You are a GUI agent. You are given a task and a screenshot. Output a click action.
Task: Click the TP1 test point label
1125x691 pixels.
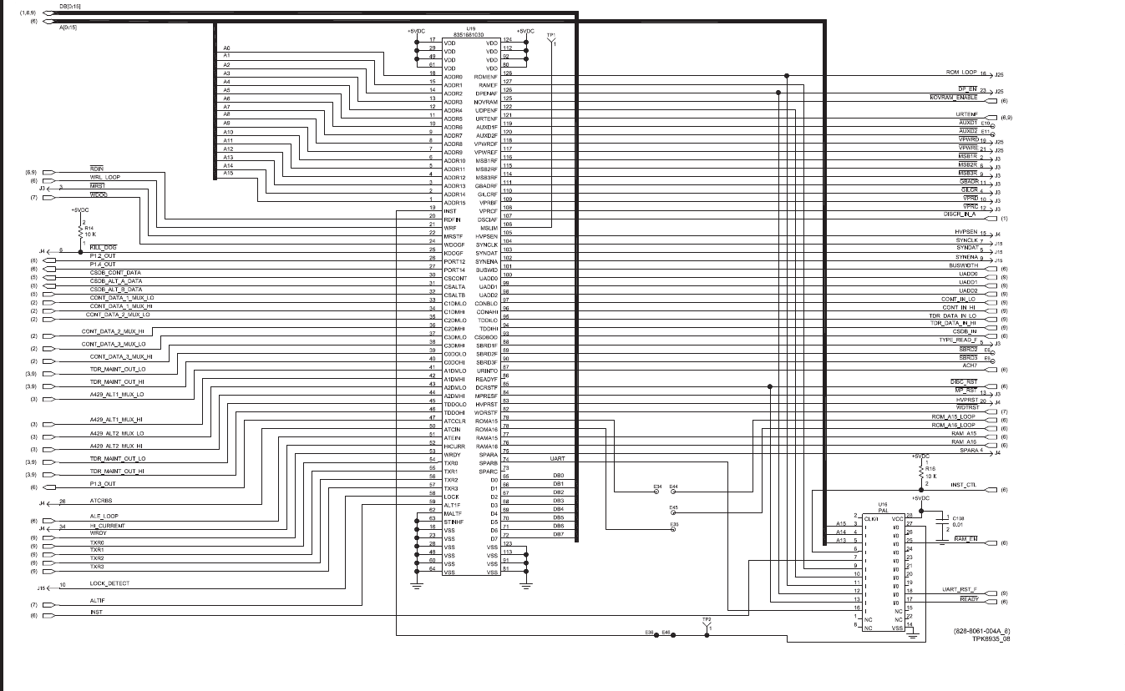(x=550, y=36)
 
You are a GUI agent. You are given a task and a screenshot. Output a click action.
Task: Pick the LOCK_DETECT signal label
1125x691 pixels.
(x=109, y=583)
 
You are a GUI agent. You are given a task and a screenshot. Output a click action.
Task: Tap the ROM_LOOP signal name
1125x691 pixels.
(x=961, y=73)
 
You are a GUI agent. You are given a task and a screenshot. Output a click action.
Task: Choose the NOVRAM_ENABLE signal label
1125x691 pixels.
(x=953, y=98)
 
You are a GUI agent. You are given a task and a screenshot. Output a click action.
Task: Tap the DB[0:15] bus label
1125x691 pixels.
(x=70, y=7)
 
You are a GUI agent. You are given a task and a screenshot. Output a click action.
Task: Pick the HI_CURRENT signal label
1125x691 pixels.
(x=107, y=526)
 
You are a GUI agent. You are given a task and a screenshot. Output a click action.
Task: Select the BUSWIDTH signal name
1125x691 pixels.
(x=963, y=265)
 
